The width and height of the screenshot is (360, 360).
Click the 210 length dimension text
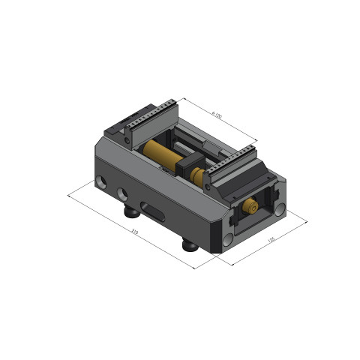[x=135, y=232]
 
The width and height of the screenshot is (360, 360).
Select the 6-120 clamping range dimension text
[x=217, y=115]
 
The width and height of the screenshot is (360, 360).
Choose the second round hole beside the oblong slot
[x=122, y=193]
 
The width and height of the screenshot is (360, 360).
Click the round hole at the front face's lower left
[x=226, y=240]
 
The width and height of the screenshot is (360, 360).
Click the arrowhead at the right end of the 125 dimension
[x=307, y=222]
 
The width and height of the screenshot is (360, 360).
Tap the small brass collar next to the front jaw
[x=198, y=177]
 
